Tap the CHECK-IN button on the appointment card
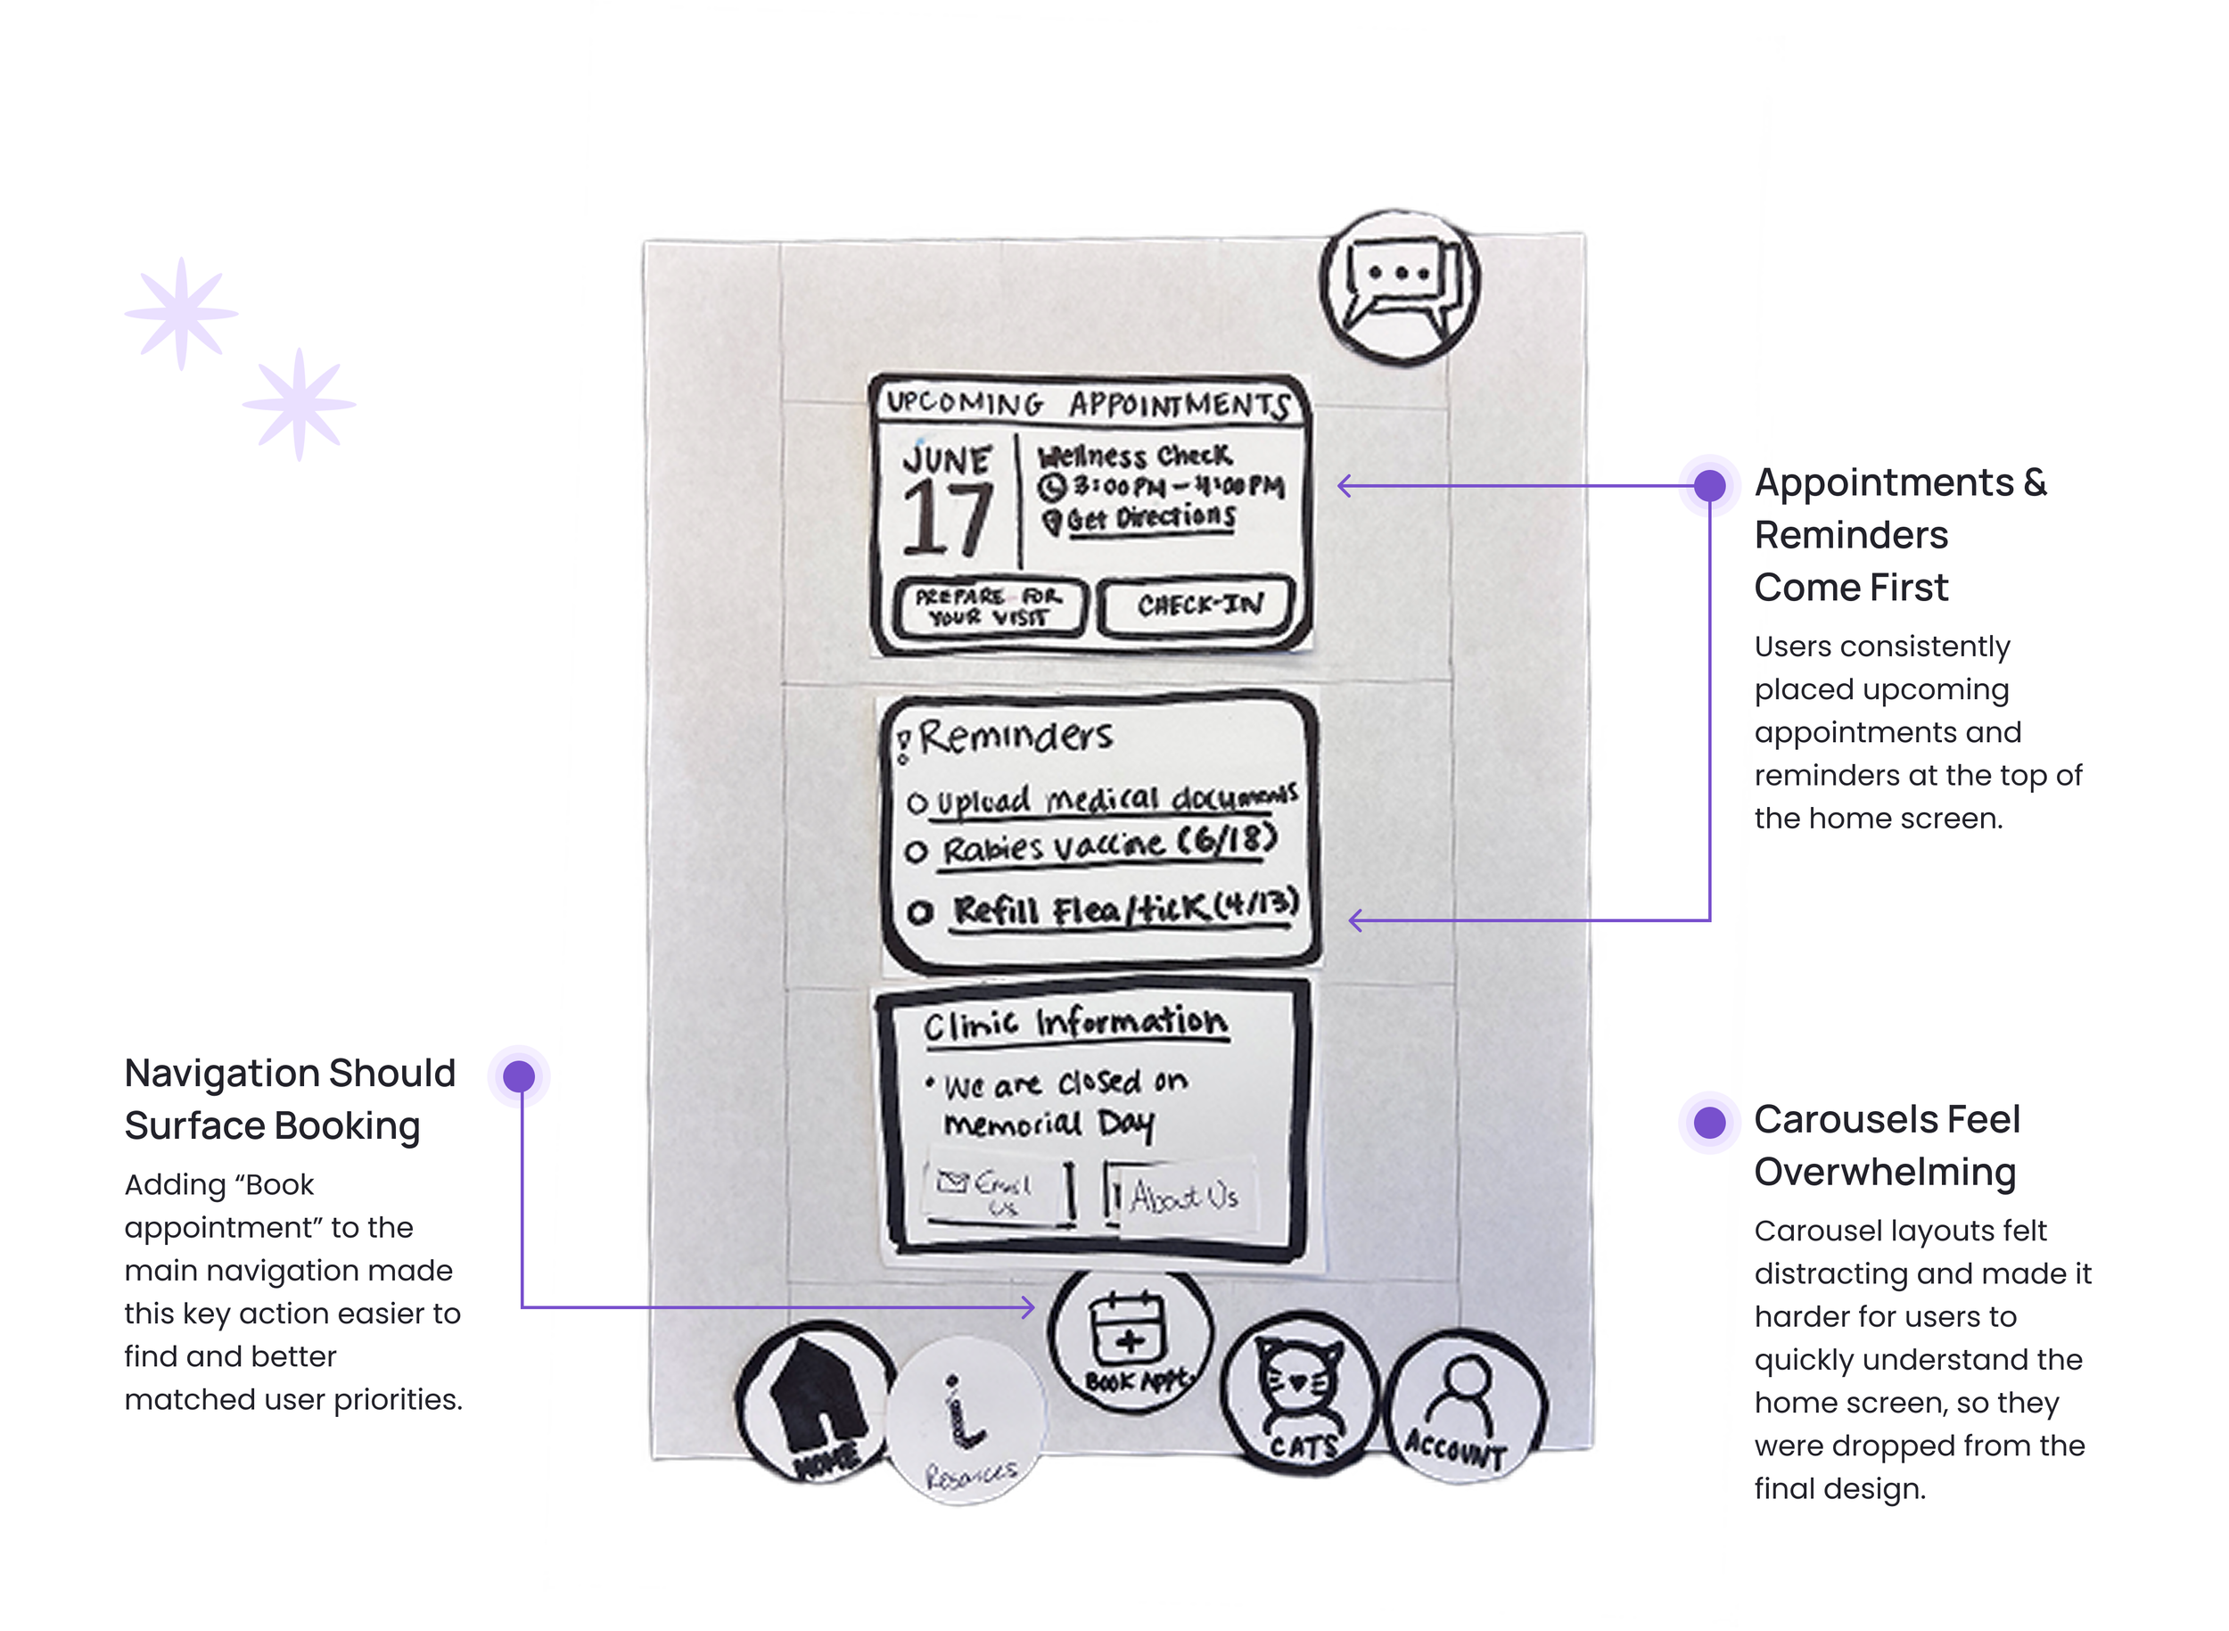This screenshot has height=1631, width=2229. tap(1197, 605)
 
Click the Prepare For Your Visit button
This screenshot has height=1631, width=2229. tap(988, 607)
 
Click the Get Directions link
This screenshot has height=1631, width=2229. tap(1149, 518)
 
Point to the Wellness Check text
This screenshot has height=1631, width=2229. tap(1134, 457)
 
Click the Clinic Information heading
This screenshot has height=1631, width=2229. tap(1075, 1023)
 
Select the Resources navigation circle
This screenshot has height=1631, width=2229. tap(966, 1421)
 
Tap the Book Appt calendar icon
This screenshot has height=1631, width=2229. tap(1130, 1333)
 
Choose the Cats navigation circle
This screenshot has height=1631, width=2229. tap(1300, 1393)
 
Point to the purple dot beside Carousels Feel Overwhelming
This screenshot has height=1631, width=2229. tap(1709, 1122)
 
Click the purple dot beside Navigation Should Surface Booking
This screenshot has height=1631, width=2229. tap(519, 1076)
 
